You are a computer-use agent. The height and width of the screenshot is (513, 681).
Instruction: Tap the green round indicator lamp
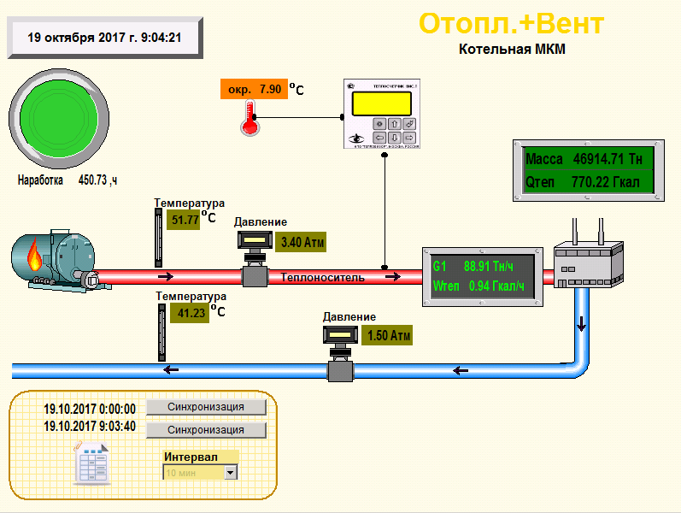pyautogui.click(x=60, y=116)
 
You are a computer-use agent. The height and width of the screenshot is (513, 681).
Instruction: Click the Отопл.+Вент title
pyautogui.click(x=512, y=23)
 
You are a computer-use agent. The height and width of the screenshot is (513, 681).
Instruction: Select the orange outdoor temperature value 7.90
pyautogui.click(x=254, y=89)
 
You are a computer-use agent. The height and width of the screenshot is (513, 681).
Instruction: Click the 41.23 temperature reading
pyautogui.click(x=192, y=313)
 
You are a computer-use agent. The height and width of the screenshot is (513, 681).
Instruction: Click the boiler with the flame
pyautogui.click(x=56, y=258)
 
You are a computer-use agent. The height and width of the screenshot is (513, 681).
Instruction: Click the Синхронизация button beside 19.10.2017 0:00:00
pyautogui.click(x=206, y=407)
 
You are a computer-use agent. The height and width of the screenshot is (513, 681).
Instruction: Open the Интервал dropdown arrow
pyautogui.click(x=230, y=472)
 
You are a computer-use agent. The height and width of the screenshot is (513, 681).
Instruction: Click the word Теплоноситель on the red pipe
pyautogui.click(x=323, y=277)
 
